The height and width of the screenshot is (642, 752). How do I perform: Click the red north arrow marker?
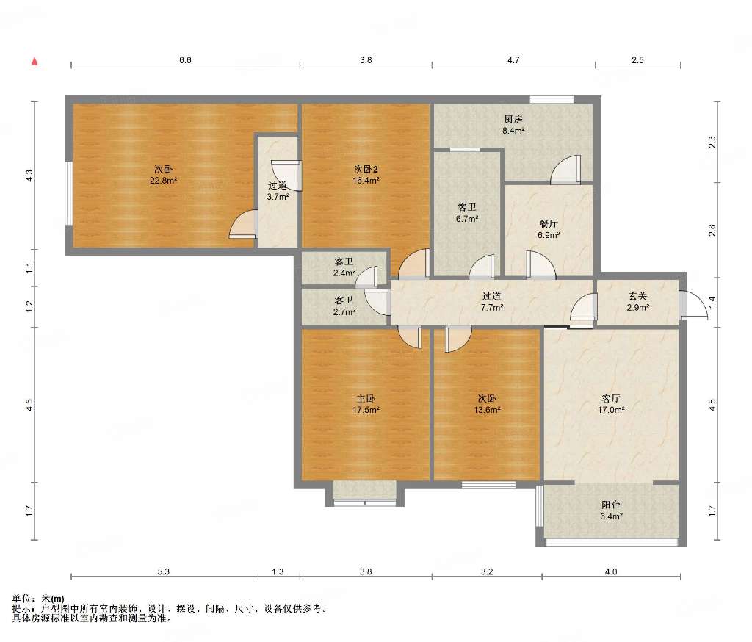(x=35, y=62)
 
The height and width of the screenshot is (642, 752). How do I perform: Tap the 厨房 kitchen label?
(x=513, y=119)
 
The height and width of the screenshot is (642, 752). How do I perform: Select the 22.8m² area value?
(x=164, y=181)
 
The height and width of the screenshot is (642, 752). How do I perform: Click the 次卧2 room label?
(x=366, y=169)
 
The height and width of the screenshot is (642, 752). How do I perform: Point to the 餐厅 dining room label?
(x=549, y=223)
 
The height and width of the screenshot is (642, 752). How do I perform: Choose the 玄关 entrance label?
(x=638, y=297)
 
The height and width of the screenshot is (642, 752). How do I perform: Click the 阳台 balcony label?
(x=611, y=505)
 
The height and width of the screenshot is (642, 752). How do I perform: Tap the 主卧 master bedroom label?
(x=366, y=398)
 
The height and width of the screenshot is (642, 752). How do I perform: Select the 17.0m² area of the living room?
(x=611, y=410)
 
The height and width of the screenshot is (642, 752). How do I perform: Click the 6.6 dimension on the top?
(x=185, y=60)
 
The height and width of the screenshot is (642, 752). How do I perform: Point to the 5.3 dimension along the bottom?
(x=164, y=571)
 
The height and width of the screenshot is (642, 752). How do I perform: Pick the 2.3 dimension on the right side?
(x=712, y=142)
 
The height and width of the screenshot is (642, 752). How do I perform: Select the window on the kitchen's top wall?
(x=552, y=100)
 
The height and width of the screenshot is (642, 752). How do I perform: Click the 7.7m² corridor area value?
(x=492, y=308)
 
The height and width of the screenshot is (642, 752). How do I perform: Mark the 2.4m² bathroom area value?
(x=344, y=273)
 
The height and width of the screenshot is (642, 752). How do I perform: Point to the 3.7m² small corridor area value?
(x=278, y=197)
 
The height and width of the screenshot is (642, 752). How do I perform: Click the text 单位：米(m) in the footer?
(x=38, y=599)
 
